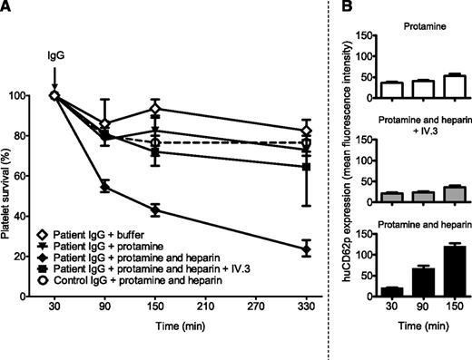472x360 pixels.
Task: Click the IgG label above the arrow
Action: pos(54,55)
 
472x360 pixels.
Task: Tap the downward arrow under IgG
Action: pos(54,75)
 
